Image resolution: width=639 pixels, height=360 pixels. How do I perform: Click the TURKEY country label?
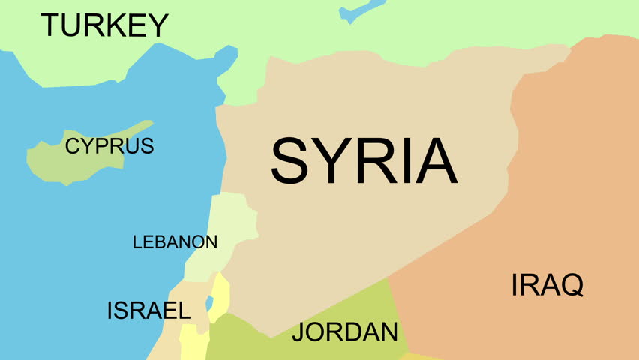pos(104,25)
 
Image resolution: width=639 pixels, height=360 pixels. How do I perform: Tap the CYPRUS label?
pos(109,145)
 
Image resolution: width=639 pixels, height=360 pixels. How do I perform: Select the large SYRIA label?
pos(364,161)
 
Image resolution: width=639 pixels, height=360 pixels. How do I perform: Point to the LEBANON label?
pos(175,242)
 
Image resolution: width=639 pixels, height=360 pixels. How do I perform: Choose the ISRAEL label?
pos(148,310)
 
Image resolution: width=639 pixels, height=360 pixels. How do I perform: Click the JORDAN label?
pos(344,331)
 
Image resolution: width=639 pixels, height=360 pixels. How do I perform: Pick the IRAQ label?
pos(547,285)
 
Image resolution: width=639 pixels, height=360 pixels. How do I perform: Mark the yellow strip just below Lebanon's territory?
pos(220,289)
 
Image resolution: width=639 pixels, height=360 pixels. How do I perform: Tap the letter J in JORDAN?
pos(298,331)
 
